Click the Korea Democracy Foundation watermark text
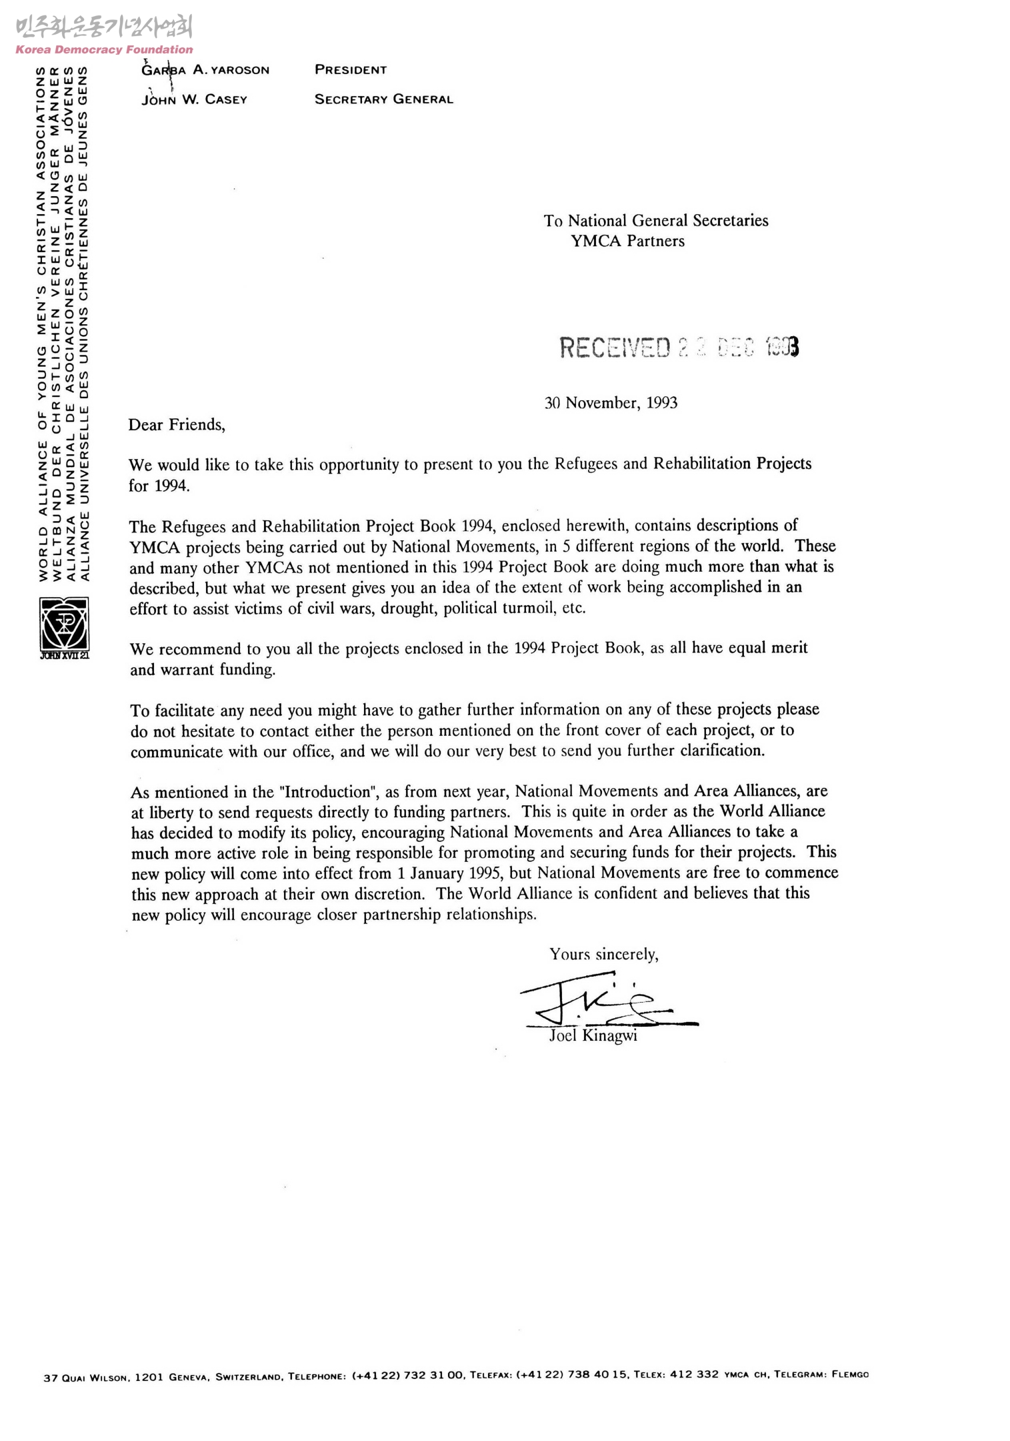point(104,49)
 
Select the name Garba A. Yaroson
point(205,70)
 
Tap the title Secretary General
point(383,99)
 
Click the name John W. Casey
point(194,99)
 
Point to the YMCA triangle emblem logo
point(64,623)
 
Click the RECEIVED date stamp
point(679,347)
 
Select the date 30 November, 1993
point(611,403)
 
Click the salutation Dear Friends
point(177,425)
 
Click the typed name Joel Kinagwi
point(593,1035)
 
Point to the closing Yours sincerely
point(603,955)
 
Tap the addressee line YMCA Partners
point(627,241)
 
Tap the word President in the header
point(351,70)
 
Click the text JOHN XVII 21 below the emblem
point(64,655)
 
